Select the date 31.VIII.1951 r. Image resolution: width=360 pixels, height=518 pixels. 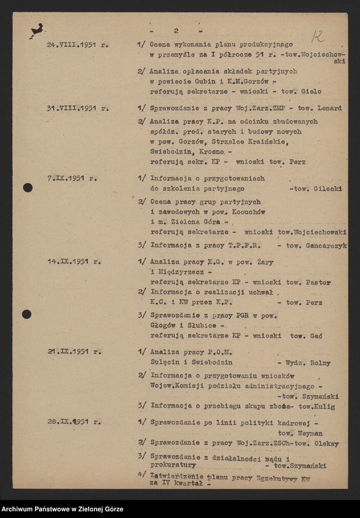(x=76, y=108)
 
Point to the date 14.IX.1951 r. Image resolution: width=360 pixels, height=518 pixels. (x=74, y=261)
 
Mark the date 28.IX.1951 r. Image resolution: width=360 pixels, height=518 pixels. (x=74, y=422)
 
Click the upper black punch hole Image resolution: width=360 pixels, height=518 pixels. (x=28, y=187)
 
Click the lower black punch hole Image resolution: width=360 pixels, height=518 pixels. (x=27, y=314)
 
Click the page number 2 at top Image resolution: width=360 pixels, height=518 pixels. (x=176, y=30)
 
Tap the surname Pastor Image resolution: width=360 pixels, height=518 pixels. (x=317, y=282)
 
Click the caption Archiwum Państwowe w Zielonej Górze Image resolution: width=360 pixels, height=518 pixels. (x=62, y=509)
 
